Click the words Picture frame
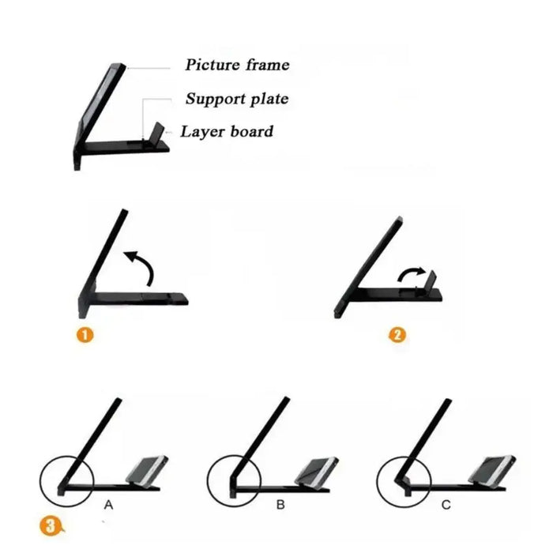pos(237,65)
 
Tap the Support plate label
pos(237,99)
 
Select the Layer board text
pos(227,132)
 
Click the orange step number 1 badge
pos(85,335)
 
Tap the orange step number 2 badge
pos(397,335)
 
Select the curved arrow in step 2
pos(411,274)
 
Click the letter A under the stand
pos(109,505)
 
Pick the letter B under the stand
pos(280,505)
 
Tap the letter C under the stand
pos(446,505)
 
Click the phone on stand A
pos(148,471)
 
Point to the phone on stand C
pos(492,471)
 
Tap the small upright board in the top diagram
pos(158,132)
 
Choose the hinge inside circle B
pos(234,485)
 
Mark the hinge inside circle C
pos(403,483)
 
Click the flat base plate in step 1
pos(141,298)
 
